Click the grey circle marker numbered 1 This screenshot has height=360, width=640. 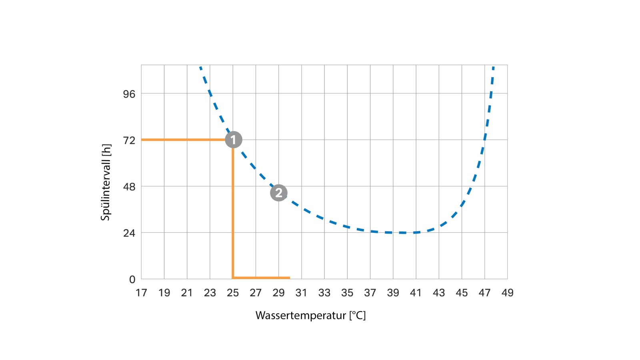tap(234, 140)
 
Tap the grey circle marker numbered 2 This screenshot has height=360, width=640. tap(279, 193)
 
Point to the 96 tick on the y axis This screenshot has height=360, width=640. tap(129, 94)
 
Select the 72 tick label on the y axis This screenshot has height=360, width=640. tap(129, 140)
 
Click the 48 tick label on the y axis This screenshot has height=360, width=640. tap(129, 187)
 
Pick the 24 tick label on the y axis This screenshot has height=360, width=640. tap(129, 233)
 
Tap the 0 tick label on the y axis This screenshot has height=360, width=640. tap(132, 280)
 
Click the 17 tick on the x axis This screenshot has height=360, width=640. tap(141, 293)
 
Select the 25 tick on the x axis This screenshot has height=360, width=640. tap(233, 293)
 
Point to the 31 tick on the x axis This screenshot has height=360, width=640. tap(301, 293)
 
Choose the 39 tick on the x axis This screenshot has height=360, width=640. tap(393, 293)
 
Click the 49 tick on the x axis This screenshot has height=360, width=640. tap(507, 293)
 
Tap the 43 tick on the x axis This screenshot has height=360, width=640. tap(439, 293)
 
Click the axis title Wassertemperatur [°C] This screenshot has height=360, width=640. tap(310, 316)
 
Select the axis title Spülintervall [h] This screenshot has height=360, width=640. tap(106, 182)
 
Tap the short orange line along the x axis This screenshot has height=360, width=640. tap(262, 278)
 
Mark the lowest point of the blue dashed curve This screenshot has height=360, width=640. tap(402, 232)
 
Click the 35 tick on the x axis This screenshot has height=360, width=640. tap(347, 293)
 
